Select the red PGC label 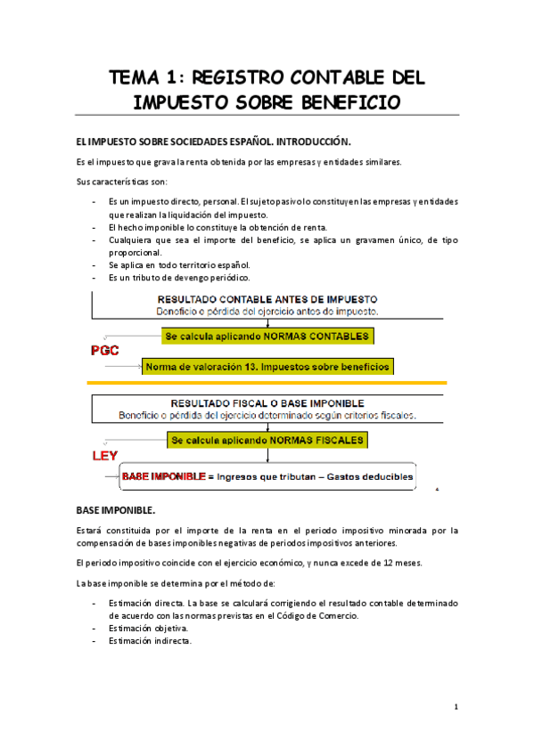[x=105, y=351]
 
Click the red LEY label [x=105, y=457]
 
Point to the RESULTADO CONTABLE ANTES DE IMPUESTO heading [x=267, y=299]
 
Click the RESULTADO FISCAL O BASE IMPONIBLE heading [x=267, y=403]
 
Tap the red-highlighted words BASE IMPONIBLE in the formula [x=163, y=477]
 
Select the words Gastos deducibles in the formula [x=371, y=477]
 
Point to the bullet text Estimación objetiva [x=148, y=629]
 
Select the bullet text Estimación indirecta [x=149, y=641]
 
